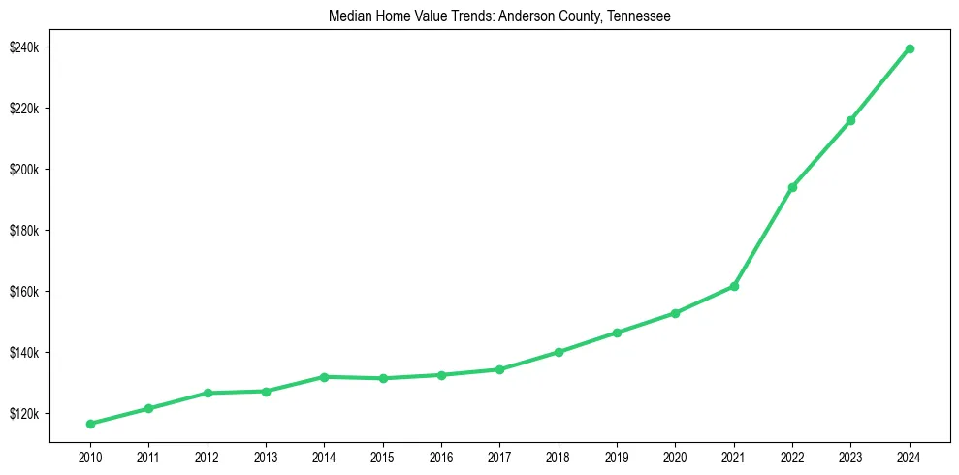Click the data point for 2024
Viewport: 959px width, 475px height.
(x=910, y=48)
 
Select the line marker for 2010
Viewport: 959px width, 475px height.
(x=90, y=424)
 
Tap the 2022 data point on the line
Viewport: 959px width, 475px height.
(x=792, y=187)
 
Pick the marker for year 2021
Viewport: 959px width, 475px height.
(x=734, y=286)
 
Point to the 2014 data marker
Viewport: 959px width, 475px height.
(x=324, y=376)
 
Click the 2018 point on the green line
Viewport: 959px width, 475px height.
(x=559, y=352)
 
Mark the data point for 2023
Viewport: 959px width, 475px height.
(x=850, y=120)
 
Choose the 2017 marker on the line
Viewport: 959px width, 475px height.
(x=499, y=369)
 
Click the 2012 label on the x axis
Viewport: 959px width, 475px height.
(x=207, y=457)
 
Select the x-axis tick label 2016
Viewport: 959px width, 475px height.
(x=441, y=457)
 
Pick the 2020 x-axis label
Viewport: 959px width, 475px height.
(x=675, y=457)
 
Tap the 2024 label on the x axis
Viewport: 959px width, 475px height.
(x=910, y=457)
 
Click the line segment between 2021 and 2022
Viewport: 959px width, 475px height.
(x=763, y=237)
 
